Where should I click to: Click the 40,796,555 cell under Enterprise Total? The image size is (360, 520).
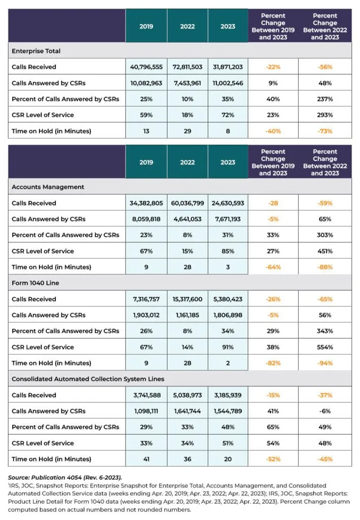[146, 67]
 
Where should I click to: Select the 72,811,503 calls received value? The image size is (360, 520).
[187, 67]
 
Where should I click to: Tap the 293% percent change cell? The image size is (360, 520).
[325, 115]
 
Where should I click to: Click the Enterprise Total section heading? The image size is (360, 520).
[36, 51]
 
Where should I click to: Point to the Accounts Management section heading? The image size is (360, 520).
[48, 187]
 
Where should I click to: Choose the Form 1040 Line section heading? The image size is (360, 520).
[36, 283]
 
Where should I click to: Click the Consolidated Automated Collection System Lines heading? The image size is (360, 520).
[88, 379]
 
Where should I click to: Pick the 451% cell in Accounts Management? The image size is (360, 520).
[325, 251]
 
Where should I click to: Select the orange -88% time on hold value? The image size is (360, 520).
[325, 267]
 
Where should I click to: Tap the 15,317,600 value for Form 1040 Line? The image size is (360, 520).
[187, 299]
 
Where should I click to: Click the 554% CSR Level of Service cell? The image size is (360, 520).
[325, 347]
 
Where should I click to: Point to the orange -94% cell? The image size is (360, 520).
[325, 363]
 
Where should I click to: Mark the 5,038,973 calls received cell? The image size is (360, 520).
[187, 395]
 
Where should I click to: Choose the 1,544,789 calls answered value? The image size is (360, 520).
[228, 411]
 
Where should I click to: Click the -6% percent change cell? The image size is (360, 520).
[325, 411]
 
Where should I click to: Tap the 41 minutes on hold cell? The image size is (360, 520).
[146, 459]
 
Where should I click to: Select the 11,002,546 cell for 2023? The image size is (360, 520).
[228, 83]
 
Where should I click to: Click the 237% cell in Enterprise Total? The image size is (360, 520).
[325, 99]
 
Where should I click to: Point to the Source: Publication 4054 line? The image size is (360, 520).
[65, 477]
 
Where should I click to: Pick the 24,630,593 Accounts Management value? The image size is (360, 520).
[228, 203]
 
